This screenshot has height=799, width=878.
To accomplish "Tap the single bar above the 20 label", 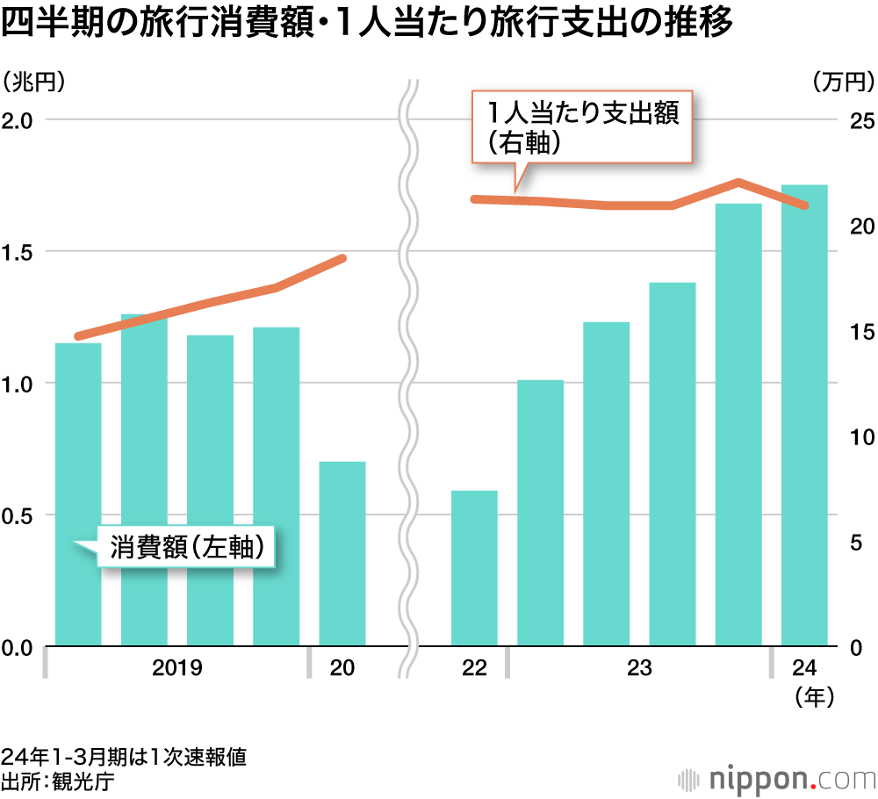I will point(342,554).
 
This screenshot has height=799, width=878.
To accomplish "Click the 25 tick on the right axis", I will point(859,119).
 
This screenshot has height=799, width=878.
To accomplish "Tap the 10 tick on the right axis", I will point(859,436).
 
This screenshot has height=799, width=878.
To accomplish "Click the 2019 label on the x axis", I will point(176,669).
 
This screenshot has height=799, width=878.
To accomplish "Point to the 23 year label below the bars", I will point(639,669).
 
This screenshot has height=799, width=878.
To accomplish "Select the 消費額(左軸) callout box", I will point(187,546).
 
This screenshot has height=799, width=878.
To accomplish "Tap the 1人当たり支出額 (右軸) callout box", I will point(583,126).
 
